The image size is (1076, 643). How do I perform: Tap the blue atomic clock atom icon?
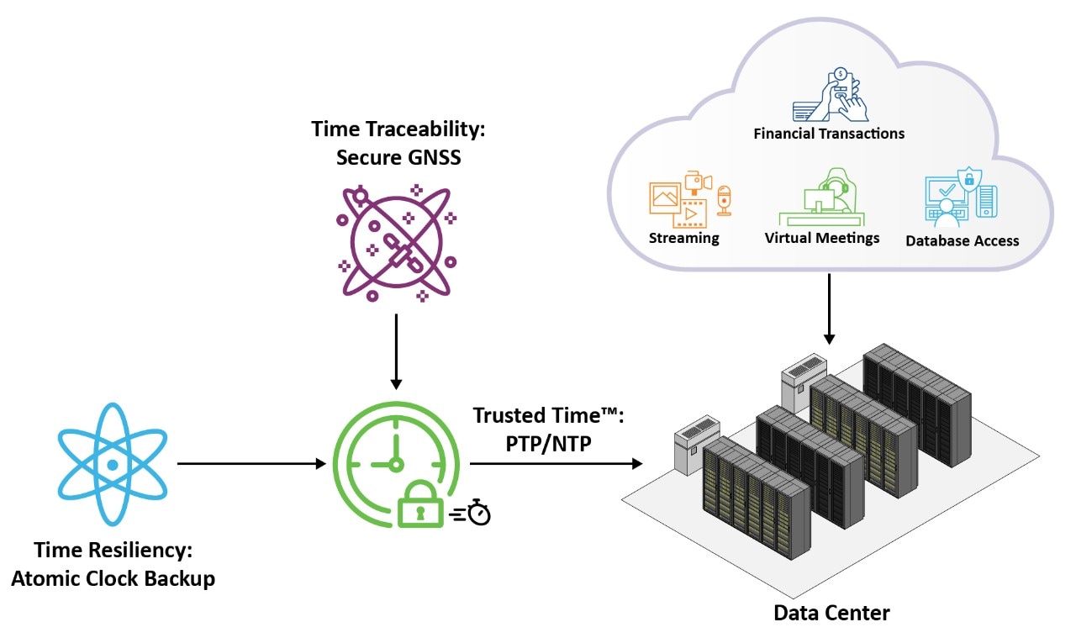pyautogui.click(x=112, y=464)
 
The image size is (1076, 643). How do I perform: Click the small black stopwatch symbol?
pyautogui.click(x=478, y=512)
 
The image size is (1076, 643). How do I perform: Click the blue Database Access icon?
pyautogui.click(x=959, y=198)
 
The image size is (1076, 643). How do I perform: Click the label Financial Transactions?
pyautogui.click(x=829, y=134)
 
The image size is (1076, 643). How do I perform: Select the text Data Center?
pyautogui.click(x=831, y=613)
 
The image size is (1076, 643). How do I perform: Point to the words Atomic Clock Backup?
pyautogui.click(x=113, y=578)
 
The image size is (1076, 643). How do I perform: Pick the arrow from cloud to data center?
pyautogui.click(x=829, y=308)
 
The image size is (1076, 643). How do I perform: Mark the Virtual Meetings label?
pyautogui.click(x=821, y=238)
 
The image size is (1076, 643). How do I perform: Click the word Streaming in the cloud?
pyautogui.click(x=683, y=238)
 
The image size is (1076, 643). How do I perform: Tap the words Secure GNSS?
pyautogui.click(x=398, y=156)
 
